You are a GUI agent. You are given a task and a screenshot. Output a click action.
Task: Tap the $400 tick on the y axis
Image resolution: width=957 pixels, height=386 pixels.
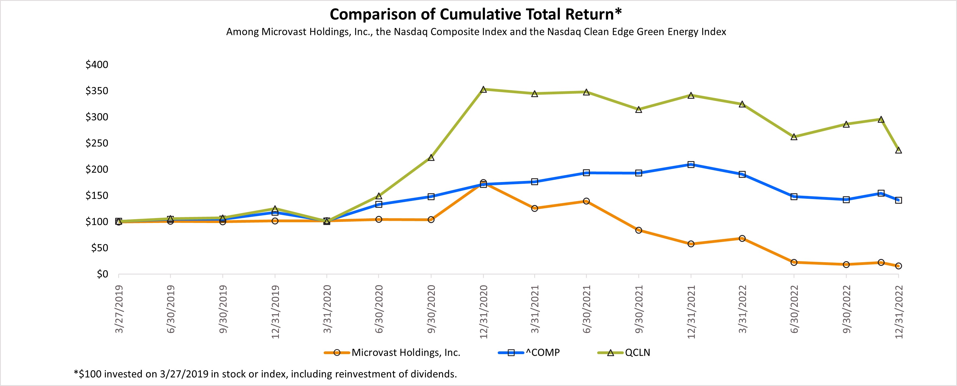97,65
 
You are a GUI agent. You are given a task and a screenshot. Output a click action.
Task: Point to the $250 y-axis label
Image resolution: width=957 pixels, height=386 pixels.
97,143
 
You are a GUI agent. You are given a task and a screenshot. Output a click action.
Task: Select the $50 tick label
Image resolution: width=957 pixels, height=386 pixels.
99,248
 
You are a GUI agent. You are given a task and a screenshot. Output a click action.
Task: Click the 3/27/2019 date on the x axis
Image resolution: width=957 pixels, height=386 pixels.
119,309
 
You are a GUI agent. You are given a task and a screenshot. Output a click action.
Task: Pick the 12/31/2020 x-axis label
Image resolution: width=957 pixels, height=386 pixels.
483,312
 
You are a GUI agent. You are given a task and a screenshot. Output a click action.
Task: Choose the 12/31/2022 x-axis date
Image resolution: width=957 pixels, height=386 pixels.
898,312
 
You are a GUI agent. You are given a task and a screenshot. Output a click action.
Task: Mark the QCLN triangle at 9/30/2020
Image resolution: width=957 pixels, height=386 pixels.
431,158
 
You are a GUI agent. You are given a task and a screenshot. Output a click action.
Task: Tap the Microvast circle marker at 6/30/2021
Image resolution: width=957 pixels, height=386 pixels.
586,201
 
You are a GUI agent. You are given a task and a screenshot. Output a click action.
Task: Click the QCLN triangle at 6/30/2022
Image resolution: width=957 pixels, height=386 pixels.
794,137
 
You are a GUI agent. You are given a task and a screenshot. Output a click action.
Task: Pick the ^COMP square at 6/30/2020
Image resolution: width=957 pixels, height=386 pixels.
379,204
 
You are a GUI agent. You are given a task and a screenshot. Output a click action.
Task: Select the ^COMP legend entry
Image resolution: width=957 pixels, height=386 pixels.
542,352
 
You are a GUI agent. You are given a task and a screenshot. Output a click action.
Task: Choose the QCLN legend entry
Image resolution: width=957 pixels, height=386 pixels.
637,352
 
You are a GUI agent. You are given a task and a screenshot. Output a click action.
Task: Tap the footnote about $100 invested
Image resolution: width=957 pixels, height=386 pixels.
265,374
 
